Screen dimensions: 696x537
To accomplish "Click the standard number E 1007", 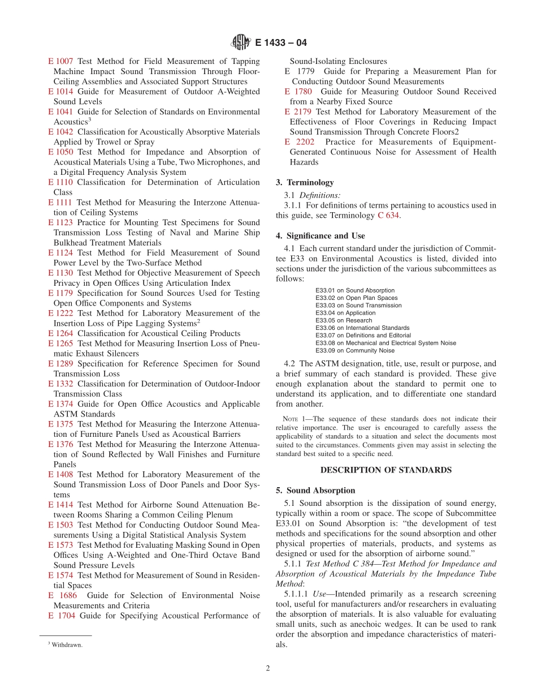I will click(x=60, y=61).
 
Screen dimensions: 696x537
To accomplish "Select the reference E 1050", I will click(x=60, y=152).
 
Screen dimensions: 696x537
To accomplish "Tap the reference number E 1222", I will click(x=60, y=313).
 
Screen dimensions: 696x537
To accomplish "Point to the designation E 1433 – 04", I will click(x=281, y=42).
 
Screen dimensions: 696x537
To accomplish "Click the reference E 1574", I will click(x=60, y=575).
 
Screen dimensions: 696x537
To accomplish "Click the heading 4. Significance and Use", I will click(x=320, y=235).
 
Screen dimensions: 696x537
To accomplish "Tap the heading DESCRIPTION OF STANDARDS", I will click(x=386, y=470).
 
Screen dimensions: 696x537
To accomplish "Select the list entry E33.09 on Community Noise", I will click(x=354, y=350).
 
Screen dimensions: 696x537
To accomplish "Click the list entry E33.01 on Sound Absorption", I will click(x=354, y=290).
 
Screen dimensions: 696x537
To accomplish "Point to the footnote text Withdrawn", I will click(x=67, y=645).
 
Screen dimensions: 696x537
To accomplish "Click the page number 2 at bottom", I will click(x=268, y=668).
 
